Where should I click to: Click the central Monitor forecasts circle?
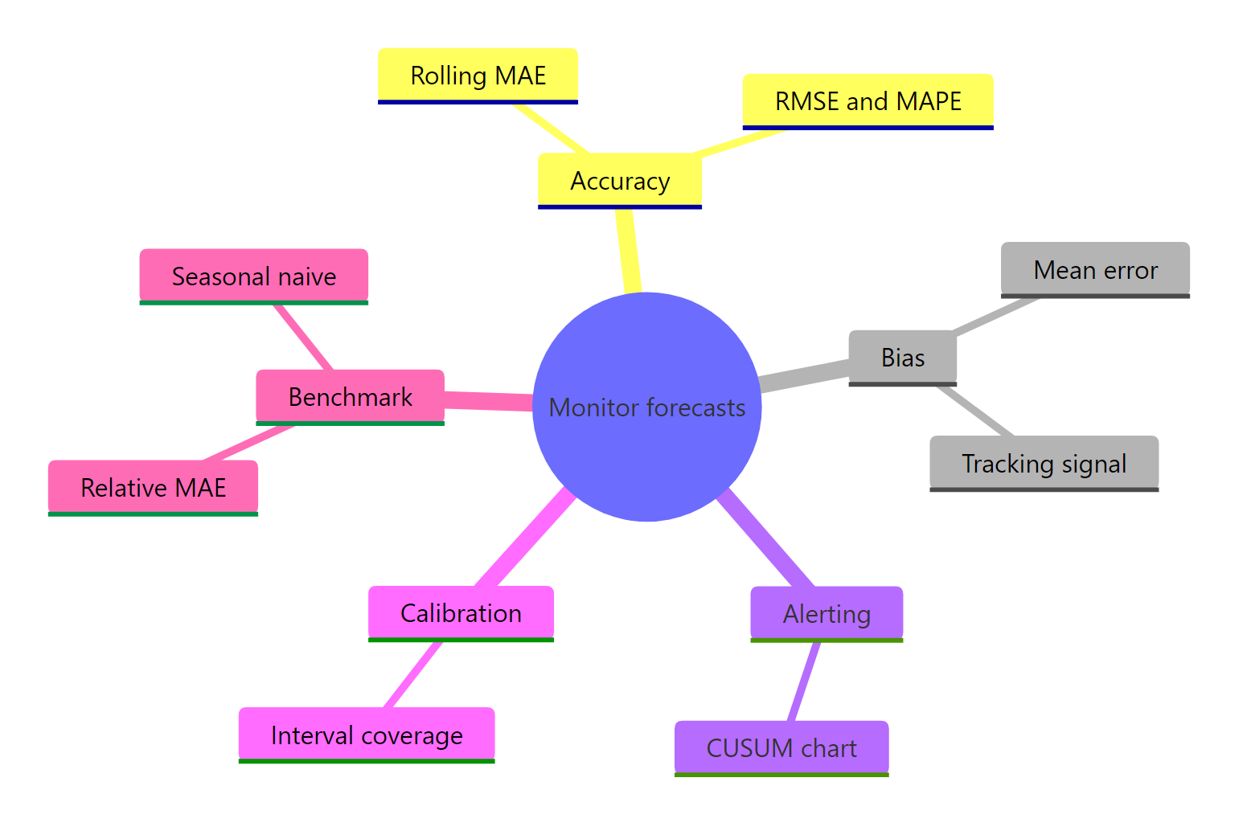[x=646, y=407]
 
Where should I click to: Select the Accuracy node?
[x=619, y=181]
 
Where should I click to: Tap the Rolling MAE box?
[x=478, y=76]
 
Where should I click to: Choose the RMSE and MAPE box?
[x=867, y=101]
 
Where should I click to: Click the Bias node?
[x=903, y=358]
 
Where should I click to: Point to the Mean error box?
[x=1095, y=270]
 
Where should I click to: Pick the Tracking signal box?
[x=1044, y=464]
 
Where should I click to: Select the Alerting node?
[x=826, y=614]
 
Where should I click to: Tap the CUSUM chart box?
[x=781, y=748]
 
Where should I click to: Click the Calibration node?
[x=461, y=613]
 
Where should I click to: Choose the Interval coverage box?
[x=367, y=735]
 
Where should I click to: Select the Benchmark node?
[x=351, y=397]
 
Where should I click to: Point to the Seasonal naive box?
[x=253, y=276]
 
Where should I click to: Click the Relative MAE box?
[x=153, y=488]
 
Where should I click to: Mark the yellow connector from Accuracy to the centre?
[x=628, y=251]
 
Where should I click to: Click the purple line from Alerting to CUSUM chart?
[x=804, y=682]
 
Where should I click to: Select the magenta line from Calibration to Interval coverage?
[x=412, y=675]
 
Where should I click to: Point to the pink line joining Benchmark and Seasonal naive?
[x=303, y=337]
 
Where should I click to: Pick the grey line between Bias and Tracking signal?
[x=974, y=411]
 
